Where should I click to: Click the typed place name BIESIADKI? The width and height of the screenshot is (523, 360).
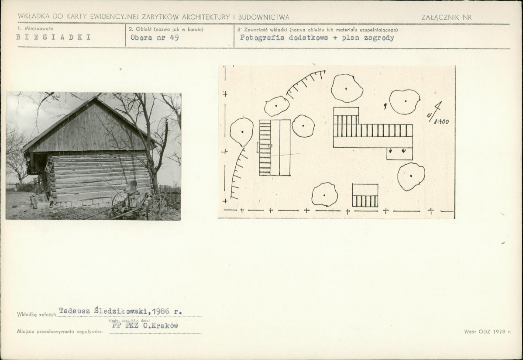tap(53, 37)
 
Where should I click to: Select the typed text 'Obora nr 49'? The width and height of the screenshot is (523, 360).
tap(155, 38)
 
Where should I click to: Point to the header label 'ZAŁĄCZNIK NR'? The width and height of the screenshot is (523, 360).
tap(446, 17)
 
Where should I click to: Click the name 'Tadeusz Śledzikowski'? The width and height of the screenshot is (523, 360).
tap(104, 311)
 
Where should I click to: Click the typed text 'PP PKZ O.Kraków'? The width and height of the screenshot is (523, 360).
tap(145, 325)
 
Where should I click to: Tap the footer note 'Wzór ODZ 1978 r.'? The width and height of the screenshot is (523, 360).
tap(487, 332)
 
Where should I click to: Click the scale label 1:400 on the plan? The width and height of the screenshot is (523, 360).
tap(441, 122)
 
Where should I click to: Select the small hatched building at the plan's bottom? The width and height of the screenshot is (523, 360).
tap(365, 195)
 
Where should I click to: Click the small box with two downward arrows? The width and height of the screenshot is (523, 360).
tap(399, 153)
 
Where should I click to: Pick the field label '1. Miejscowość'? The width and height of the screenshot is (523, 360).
tap(35, 29)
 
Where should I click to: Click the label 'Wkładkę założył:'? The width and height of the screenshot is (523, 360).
tap(37, 314)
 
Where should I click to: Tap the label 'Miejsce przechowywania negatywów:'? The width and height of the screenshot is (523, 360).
tap(60, 332)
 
